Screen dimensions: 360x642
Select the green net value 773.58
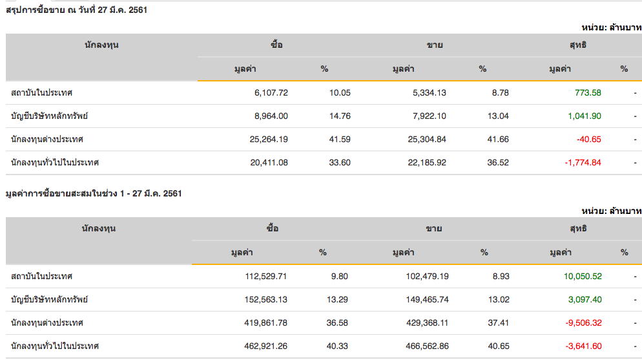click(588, 92)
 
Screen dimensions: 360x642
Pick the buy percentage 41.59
click(340, 139)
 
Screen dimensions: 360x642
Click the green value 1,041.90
click(585, 116)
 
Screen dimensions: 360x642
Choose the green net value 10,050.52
click(583, 276)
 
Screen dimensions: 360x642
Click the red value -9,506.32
click(583, 323)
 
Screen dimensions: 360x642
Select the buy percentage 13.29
click(339, 299)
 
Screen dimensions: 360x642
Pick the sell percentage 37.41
click(499, 323)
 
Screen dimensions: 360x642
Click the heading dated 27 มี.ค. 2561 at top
click(77, 10)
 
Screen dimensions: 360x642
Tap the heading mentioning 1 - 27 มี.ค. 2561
click(93, 193)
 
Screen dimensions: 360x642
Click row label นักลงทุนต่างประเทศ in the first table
click(47, 139)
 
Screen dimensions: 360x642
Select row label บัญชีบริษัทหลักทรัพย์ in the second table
click(49, 299)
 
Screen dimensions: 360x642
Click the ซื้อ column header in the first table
click(277, 45)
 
